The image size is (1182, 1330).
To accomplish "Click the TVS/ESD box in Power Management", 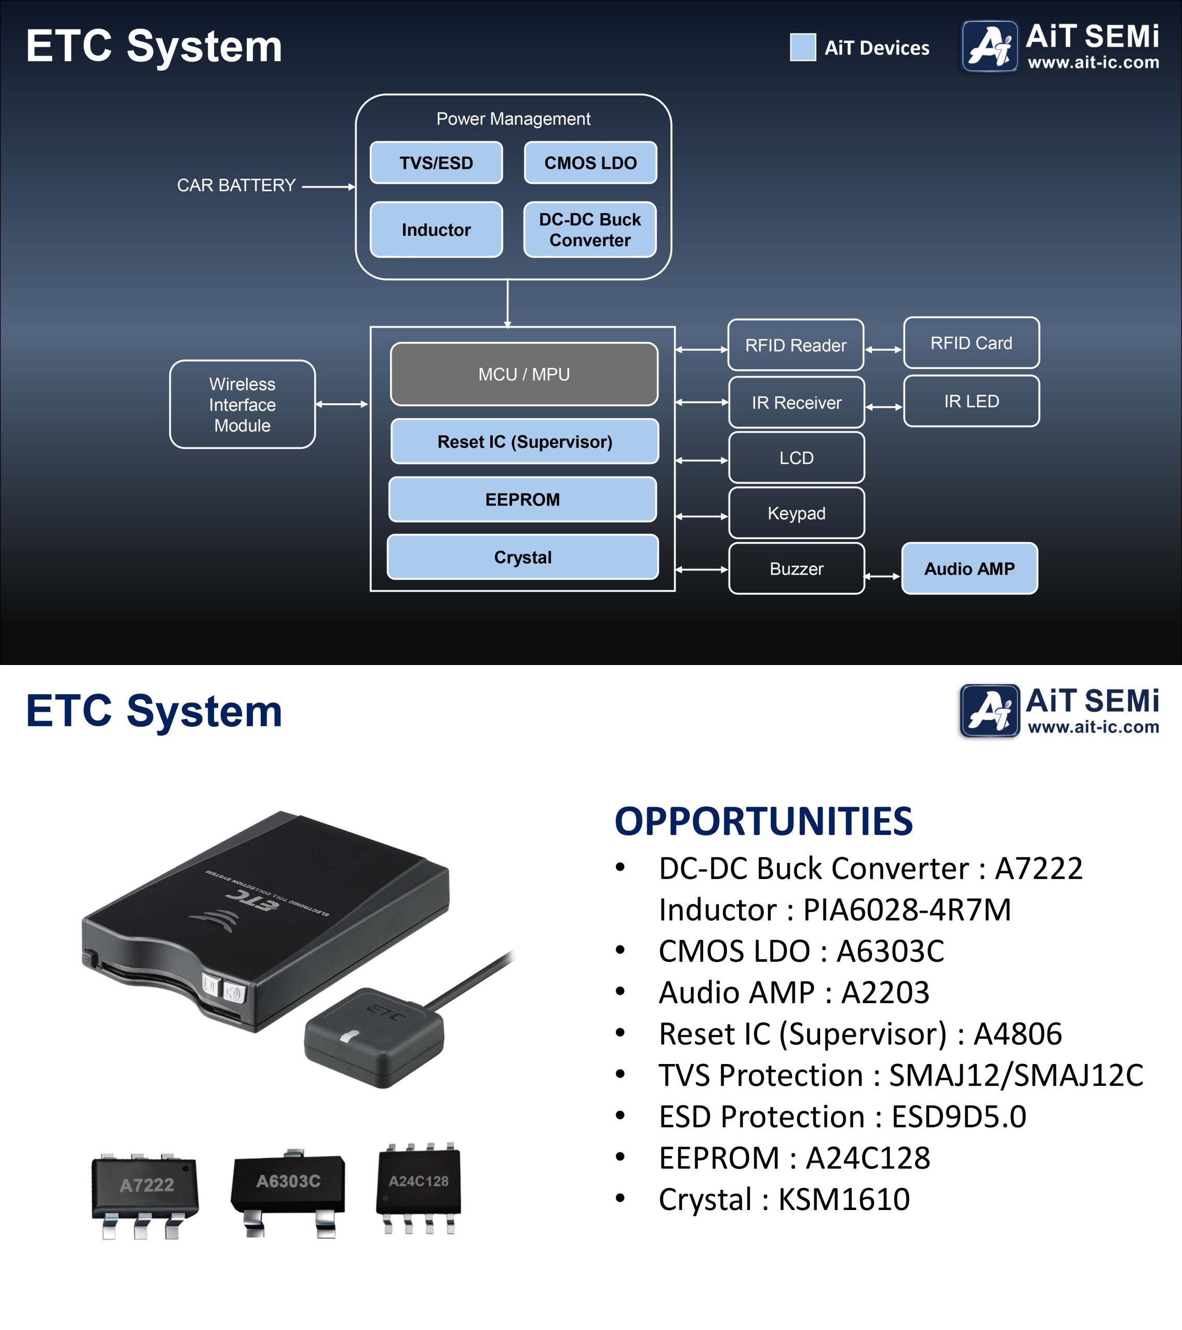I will point(436,163).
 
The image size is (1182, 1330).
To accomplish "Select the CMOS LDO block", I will point(590,163).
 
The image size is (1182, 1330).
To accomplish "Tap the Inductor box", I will point(436,230).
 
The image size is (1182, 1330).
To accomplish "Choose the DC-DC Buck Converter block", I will point(589,230).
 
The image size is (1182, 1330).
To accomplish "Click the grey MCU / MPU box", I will point(523,374).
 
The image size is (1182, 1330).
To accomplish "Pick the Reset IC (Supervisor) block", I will point(525,442).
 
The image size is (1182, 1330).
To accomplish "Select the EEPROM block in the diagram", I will point(522,500).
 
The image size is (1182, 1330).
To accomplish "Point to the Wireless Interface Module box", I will point(242,405).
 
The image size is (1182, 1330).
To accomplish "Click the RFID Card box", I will point(971,343).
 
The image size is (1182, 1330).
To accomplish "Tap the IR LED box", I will point(971,401).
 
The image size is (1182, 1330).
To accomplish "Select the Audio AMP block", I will point(969,569).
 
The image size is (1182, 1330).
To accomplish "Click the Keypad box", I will point(796,513).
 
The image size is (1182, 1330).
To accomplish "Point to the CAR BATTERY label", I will point(236,185).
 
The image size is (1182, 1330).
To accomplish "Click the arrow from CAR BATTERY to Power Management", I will point(329,187).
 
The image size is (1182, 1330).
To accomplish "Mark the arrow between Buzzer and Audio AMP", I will point(883,576).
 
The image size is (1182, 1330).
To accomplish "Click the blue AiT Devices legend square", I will point(803,47).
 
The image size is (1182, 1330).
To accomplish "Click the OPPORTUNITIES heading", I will point(764,821).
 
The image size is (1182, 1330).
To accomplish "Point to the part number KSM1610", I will point(844,1199).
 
